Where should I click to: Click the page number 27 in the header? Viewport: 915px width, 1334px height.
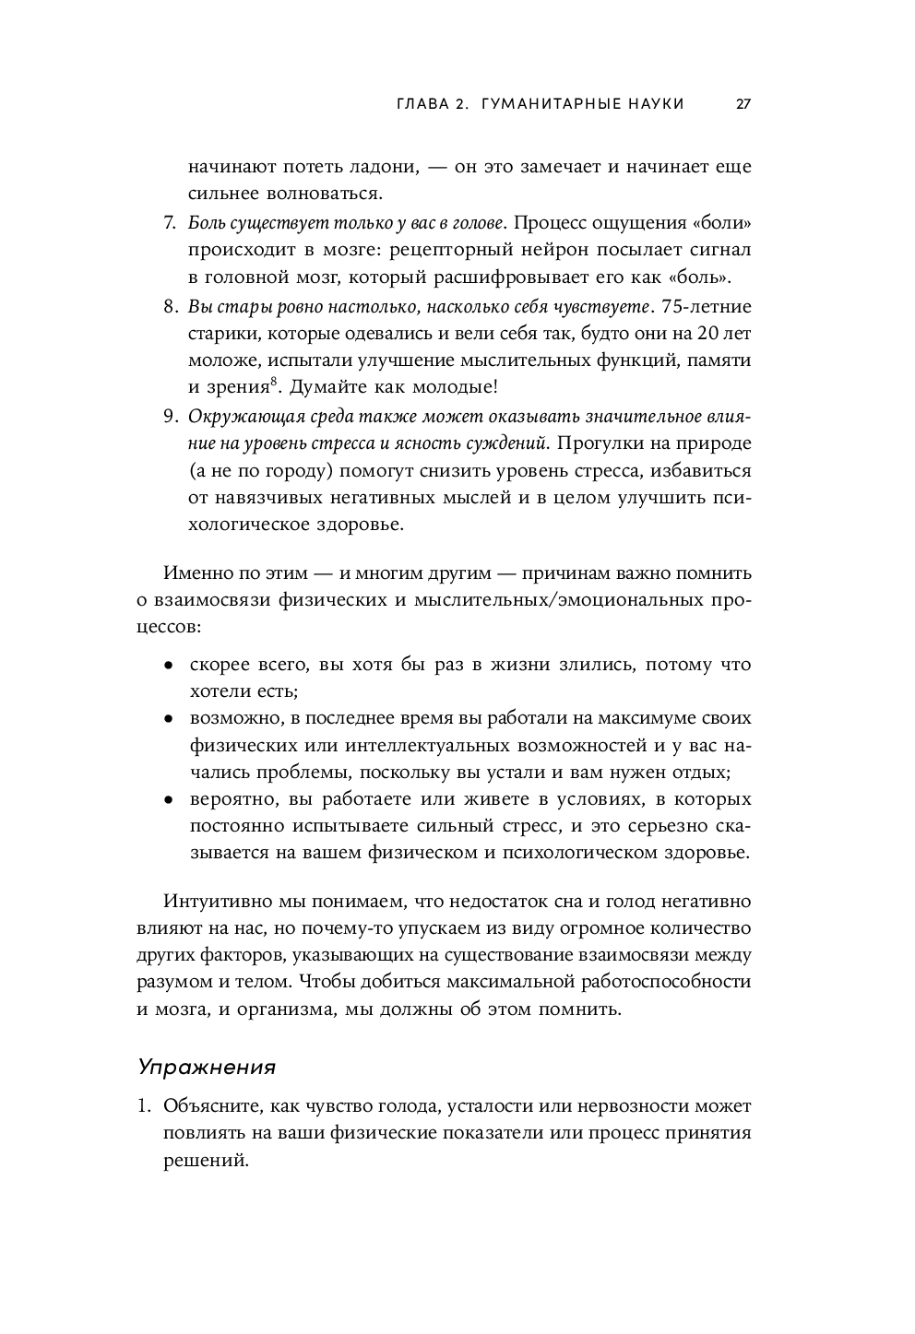[743, 104]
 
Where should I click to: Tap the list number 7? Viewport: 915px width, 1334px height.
[169, 222]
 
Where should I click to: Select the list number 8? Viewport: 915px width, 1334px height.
[169, 305]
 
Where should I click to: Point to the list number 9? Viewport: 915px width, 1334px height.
[169, 416]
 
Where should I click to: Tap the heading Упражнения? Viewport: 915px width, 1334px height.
[207, 1067]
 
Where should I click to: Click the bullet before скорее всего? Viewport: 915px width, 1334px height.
[168, 666]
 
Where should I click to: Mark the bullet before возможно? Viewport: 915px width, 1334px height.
[168, 719]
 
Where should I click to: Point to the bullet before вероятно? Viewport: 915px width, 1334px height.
[168, 800]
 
